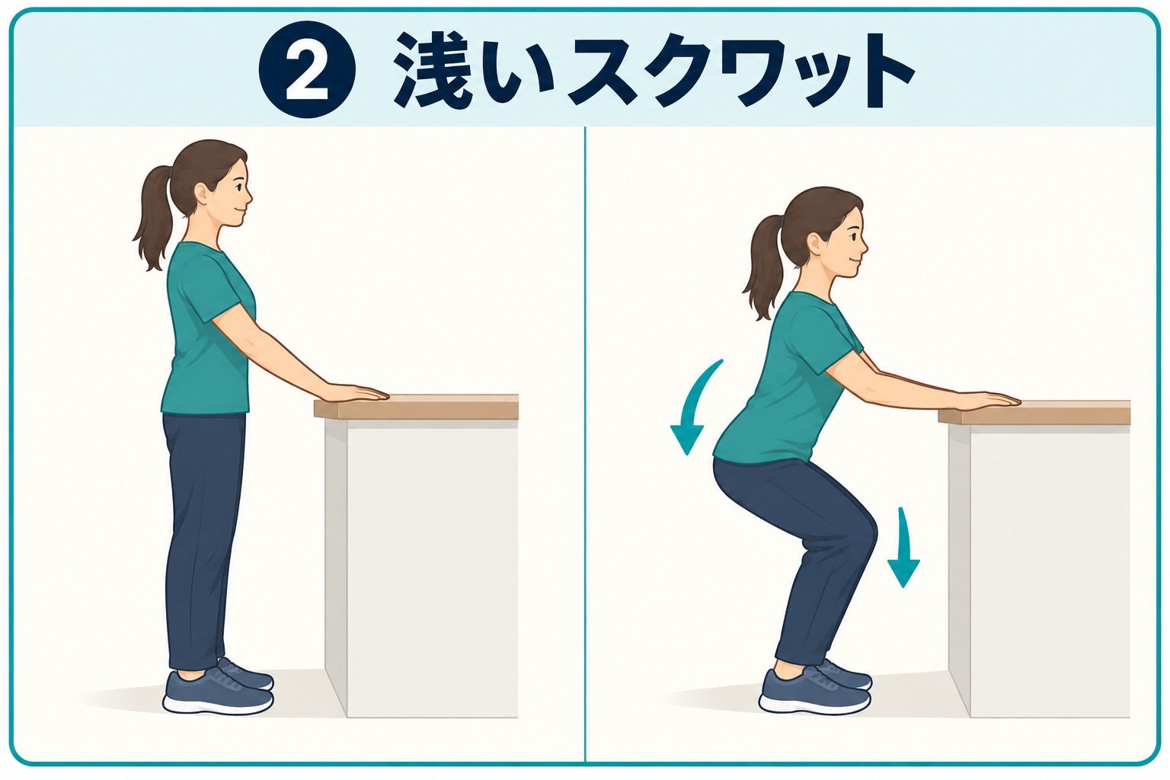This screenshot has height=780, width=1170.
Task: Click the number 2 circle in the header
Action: click(307, 69)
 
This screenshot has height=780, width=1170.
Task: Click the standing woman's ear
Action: click(201, 196)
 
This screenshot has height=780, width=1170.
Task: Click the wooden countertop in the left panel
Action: click(416, 407)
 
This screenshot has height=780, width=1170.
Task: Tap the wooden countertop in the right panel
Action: click(1034, 412)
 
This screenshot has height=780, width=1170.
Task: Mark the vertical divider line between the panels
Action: click(585, 444)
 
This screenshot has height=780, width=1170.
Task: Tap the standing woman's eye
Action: click(238, 185)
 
